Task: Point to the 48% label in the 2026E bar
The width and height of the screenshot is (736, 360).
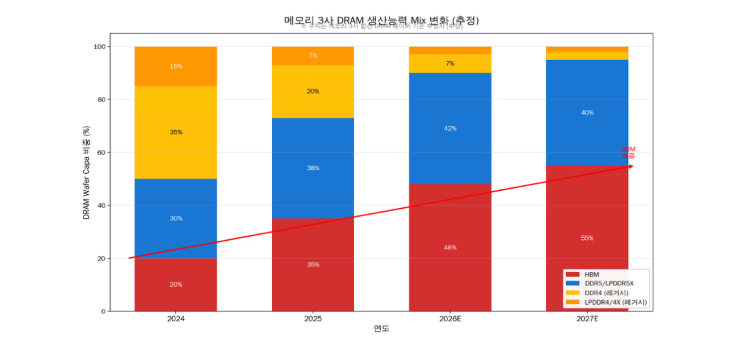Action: tap(450, 247)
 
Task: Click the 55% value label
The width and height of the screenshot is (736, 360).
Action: tap(587, 238)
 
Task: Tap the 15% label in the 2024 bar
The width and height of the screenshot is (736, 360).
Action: tap(175, 66)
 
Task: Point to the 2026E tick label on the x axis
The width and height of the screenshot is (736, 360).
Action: tap(450, 319)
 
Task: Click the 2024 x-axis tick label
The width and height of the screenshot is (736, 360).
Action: tap(175, 319)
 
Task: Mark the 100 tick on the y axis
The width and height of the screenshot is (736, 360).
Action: tap(98, 47)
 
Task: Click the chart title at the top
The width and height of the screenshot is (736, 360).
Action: tap(381, 20)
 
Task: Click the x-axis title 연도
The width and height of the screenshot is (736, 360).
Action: tap(381, 329)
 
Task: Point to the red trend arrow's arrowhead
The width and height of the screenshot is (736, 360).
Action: tap(631, 166)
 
